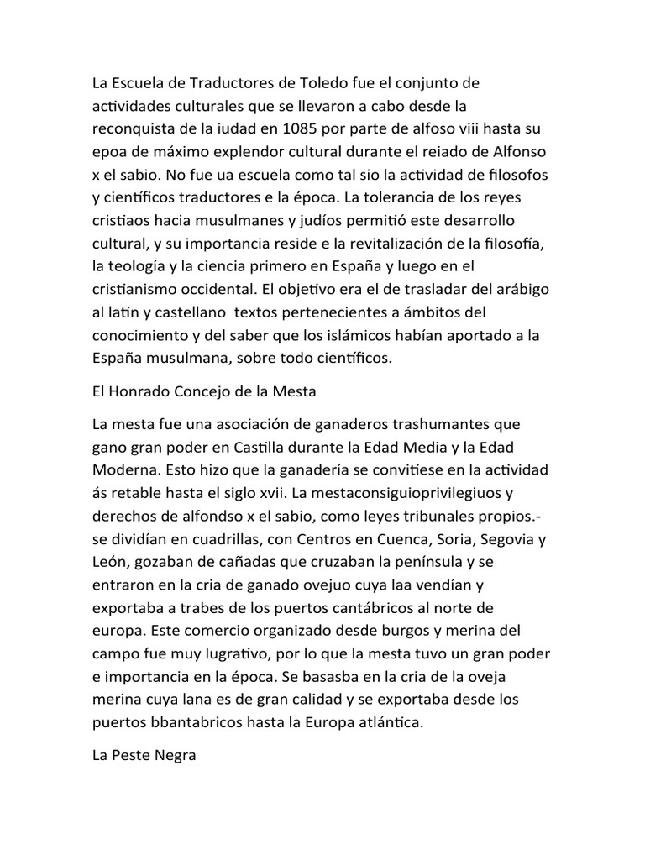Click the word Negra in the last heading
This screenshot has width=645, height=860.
173,755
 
